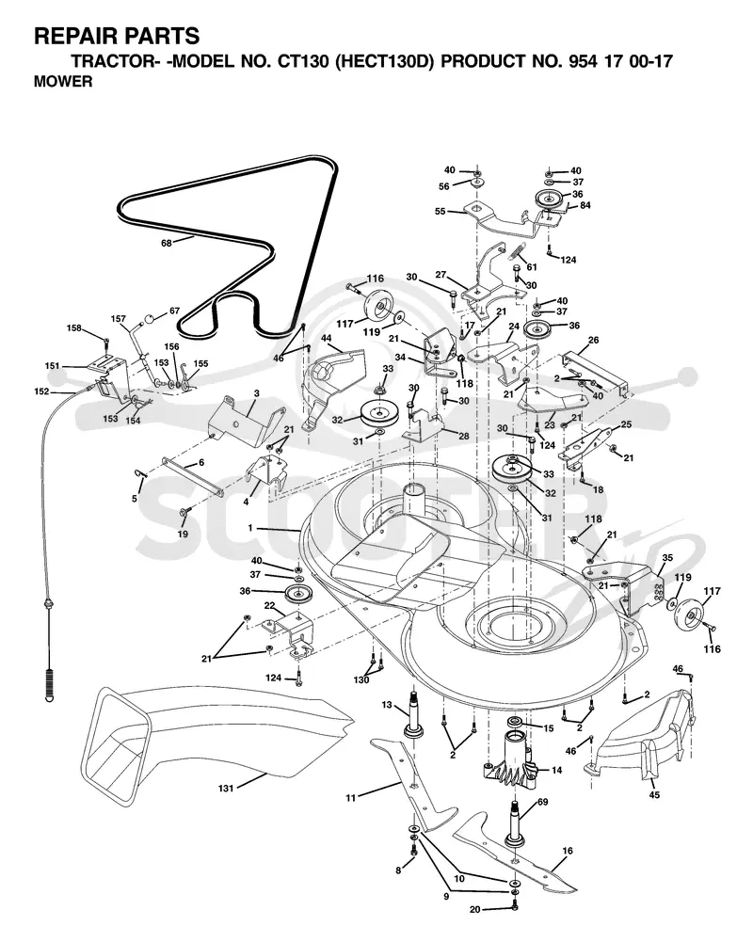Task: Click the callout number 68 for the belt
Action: [x=167, y=243]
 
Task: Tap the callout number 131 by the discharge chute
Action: [x=225, y=789]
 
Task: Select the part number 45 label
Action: [x=654, y=795]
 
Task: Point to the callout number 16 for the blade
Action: [x=568, y=851]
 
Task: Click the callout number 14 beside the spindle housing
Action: [x=557, y=770]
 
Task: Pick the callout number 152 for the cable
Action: [x=41, y=391]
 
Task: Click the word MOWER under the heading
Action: [x=63, y=82]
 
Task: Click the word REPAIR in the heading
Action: [x=70, y=37]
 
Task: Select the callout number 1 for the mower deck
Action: [x=250, y=528]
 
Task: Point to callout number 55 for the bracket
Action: [x=440, y=212]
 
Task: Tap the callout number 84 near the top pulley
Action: [x=585, y=205]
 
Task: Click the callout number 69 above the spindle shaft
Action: [x=543, y=802]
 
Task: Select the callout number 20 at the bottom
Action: [x=474, y=910]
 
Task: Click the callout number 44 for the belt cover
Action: [x=327, y=339]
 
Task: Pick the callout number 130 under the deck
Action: [x=361, y=680]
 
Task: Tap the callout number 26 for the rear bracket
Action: [x=593, y=340]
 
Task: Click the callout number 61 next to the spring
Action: [x=532, y=266]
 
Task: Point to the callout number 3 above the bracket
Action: [x=257, y=393]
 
